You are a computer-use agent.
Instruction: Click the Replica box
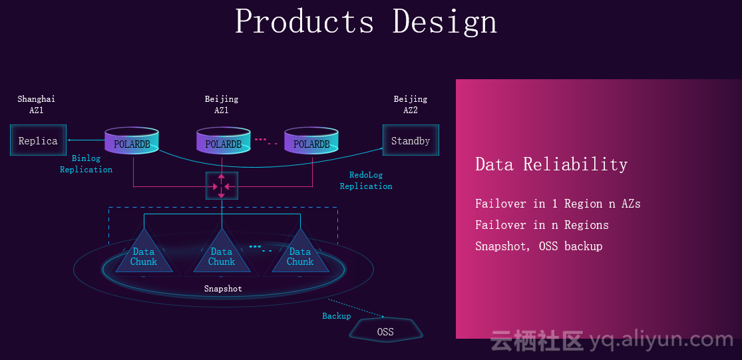pos(38,140)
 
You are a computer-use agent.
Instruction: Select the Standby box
pos(411,140)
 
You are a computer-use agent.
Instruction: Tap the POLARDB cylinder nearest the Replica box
pos(132,141)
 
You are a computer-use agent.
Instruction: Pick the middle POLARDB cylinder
pos(223,141)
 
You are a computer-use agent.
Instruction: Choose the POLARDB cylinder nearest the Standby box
pos(311,141)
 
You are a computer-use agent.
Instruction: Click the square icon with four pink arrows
pos(222,186)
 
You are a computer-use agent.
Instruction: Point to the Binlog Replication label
pos(87,164)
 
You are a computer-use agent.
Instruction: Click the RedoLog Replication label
pos(366,180)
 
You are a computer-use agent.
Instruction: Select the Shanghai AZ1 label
pos(36,104)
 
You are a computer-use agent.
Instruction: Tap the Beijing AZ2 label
pos(411,104)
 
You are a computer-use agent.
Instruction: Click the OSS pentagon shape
pos(385,331)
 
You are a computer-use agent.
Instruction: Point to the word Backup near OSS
pos(337,316)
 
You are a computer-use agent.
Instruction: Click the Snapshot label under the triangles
pos(223,289)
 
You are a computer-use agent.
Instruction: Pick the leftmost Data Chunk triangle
pos(144,255)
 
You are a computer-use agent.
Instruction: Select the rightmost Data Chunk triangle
pos(300,255)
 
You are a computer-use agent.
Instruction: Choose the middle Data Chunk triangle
pos(222,255)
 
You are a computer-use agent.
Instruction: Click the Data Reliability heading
pos(551,164)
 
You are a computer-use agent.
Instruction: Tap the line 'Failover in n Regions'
pos(542,225)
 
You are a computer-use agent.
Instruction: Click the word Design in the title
pos(445,21)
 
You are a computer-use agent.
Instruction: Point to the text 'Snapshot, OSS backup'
pos(538,246)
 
